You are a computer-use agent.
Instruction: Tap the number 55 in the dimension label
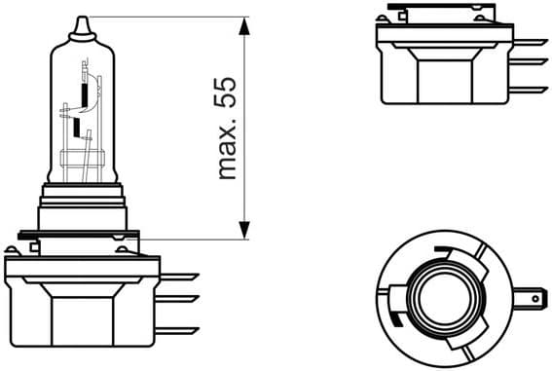[x=227, y=96]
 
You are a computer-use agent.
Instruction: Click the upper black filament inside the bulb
[x=87, y=95]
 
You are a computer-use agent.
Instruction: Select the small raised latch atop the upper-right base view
[x=396, y=14]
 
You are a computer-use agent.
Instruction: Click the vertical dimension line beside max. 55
[x=242, y=127]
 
